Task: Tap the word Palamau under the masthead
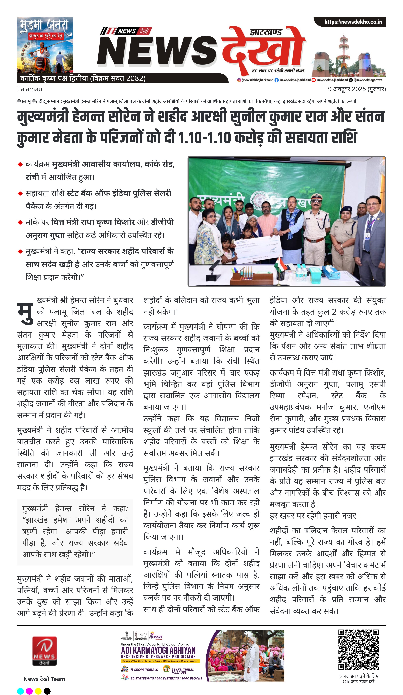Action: [30, 89]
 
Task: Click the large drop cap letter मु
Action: [25, 313]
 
